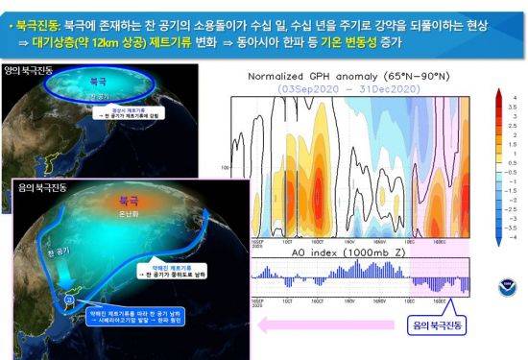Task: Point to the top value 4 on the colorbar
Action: pyautogui.click(x=515, y=97)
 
